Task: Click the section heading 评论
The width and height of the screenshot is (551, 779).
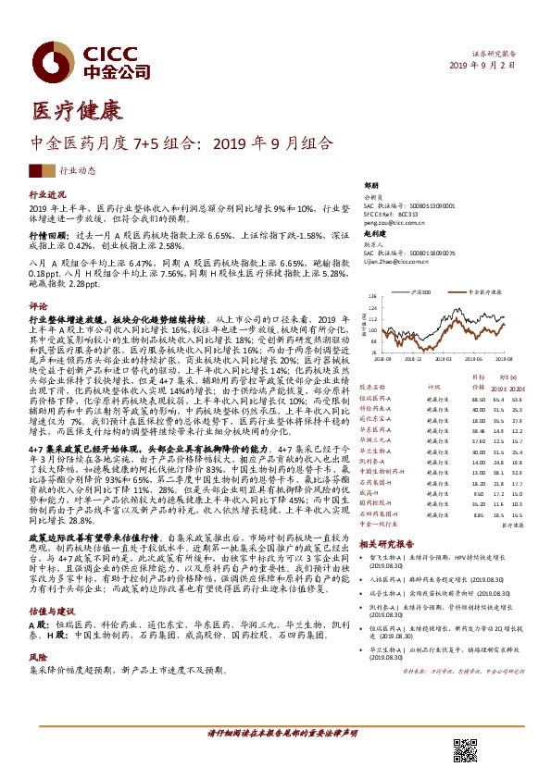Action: pos(38,305)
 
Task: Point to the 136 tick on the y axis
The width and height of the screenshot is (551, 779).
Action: pos(373,297)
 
